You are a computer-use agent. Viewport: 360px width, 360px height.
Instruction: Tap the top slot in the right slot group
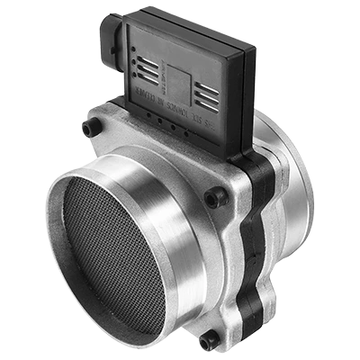coord(205,84)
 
